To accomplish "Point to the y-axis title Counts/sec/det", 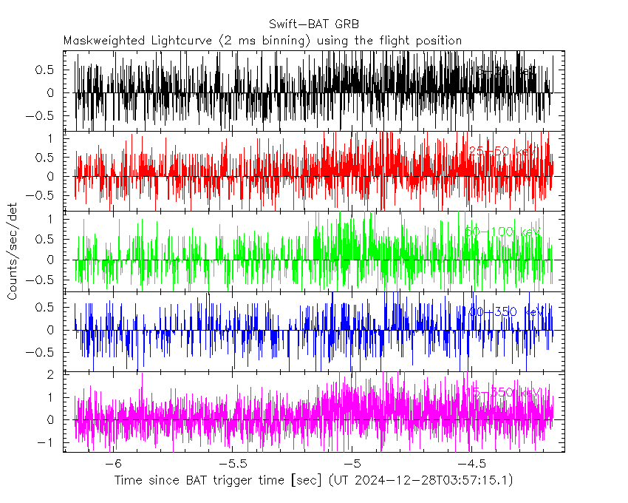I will click(x=13, y=252).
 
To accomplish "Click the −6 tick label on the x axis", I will click(x=112, y=463).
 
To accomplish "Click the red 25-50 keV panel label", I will click(x=502, y=151).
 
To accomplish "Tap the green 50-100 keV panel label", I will click(x=502, y=232).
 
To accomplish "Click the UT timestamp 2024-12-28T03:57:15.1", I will click(x=431, y=481).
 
